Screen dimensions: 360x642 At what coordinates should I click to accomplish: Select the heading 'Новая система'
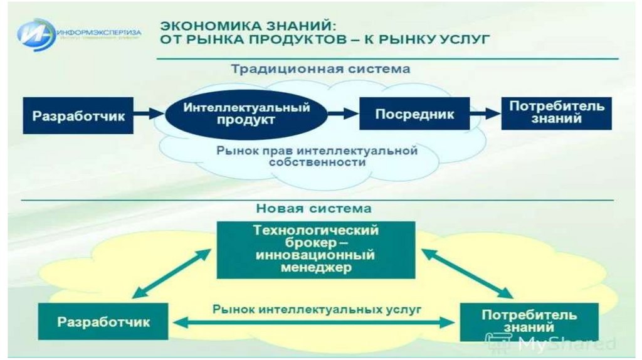[313, 208]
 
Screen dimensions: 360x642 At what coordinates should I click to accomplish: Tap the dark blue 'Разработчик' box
[78, 115]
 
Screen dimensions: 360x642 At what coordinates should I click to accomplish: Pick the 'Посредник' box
[414, 114]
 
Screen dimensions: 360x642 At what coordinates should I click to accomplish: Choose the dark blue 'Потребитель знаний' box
[556, 112]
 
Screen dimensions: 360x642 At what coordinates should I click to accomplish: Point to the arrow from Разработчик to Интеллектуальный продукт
[149, 114]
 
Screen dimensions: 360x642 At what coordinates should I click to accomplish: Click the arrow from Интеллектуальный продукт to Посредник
[344, 114]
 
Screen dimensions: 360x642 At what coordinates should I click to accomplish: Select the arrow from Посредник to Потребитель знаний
[485, 114]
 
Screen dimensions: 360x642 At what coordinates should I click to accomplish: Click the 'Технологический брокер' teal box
[316, 249]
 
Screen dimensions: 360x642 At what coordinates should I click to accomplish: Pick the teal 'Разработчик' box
[103, 322]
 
